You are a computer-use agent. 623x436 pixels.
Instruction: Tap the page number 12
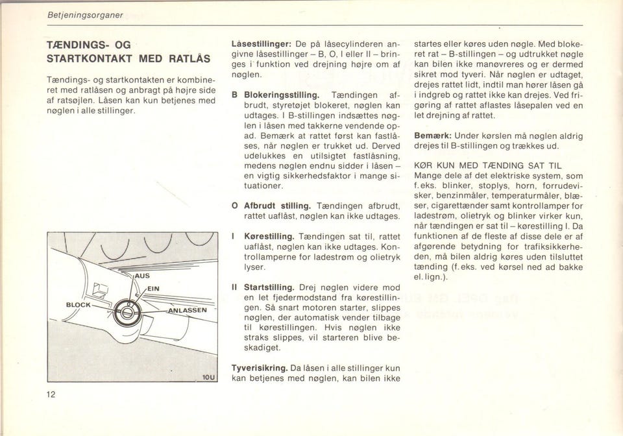pos(51,395)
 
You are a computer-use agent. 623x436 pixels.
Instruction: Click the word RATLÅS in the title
pos(188,58)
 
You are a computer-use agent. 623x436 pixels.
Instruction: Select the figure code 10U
pos(209,376)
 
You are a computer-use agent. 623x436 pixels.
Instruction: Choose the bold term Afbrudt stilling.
pos(276,206)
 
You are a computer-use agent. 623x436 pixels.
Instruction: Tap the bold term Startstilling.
pos(269,287)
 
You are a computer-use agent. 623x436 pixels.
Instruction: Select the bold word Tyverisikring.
pos(260,368)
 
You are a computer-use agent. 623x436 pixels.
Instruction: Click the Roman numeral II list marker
pos(234,287)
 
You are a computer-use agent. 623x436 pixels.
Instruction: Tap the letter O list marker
pos(234,206)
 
